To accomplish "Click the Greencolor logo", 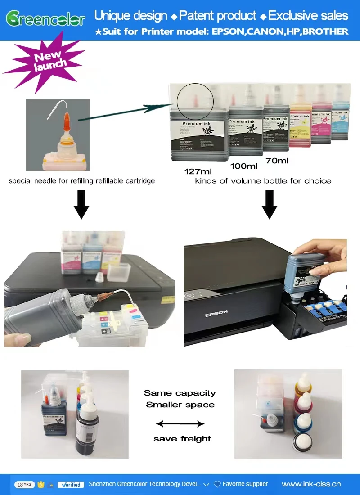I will pos(45,18).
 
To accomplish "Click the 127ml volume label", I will pos(198,171).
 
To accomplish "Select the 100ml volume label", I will pos(244,166).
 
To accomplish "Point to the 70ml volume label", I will pos(277,160).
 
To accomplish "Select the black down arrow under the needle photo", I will pos(81,205).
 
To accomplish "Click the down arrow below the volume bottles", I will pos(270,205).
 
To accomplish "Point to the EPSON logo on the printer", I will pos(216,312).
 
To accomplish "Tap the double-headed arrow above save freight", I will pos(180,423).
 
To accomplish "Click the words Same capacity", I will pos(180,393).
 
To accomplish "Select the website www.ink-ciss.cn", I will pos(311,484).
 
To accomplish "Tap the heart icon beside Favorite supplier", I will pos(217,484).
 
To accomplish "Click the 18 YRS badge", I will pos(25,485).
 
